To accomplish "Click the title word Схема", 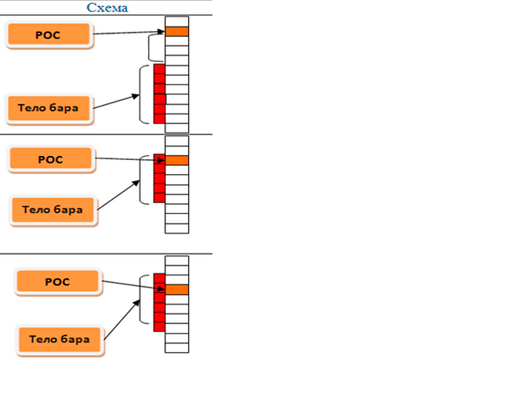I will (108, 8).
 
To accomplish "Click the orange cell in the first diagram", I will (177, 31).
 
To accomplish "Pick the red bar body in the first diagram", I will (159, 94).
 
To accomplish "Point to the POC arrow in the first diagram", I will (129, 33).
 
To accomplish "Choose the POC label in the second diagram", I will (50, 159).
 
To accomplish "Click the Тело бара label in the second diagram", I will (55, 209).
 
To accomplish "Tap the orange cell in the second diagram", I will (177, 160).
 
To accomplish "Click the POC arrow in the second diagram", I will (129, 159).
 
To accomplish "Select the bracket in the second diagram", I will (143, 178).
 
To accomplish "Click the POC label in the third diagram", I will (58, 281).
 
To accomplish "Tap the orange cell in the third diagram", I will (177, 289).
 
